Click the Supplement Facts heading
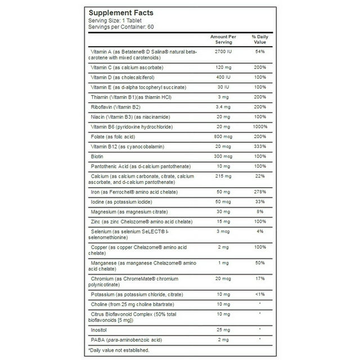click(121, 13)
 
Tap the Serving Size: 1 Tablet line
click(115, 20)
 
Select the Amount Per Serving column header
click(223, 39)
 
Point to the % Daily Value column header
click(260, 39)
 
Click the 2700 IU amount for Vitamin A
click(223, 52)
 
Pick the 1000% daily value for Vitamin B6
click(260, 127)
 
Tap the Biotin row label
click(97, 156)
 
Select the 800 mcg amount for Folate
click(223, 137)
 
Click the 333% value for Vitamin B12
click(260, 147)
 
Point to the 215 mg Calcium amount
click(223, 176)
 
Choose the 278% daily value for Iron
click(260, 192)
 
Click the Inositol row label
click(98, 330)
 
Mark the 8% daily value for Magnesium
click(260, 212)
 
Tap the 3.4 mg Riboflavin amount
click(223, 107)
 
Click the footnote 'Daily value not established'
click(118, 350)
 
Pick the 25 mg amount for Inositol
click(223, 330)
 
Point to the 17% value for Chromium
click(260, 279)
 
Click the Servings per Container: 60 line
click(121, 27)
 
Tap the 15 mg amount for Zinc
click(223, 222)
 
